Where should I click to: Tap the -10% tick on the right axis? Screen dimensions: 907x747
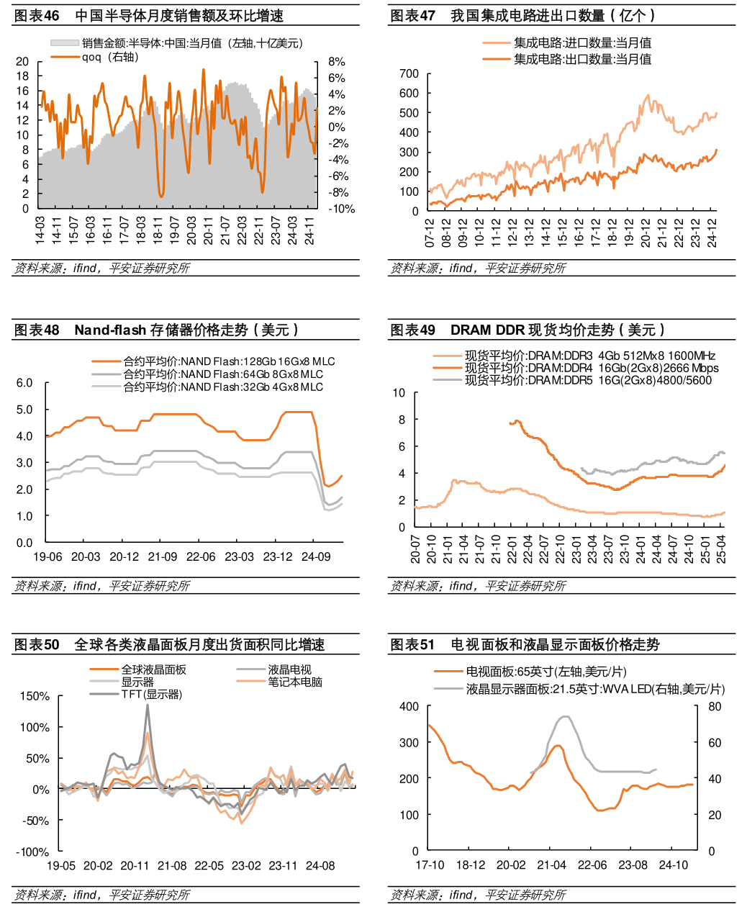click(341, 209)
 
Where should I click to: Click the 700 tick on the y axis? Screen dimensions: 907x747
click(409, 73)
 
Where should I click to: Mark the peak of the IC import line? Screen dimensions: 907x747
click(648, 95)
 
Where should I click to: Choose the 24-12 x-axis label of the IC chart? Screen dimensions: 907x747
click(712, 233)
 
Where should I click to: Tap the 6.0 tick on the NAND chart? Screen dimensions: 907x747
click(24, 383)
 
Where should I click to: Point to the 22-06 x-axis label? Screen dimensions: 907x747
click(201, 556)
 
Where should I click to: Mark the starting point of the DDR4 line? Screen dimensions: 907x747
click(510, 423)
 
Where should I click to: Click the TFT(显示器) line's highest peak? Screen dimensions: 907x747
click(148, 705)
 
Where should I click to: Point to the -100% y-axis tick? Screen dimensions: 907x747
click(34, 852)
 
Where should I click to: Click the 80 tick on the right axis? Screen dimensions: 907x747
click(715, 707)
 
